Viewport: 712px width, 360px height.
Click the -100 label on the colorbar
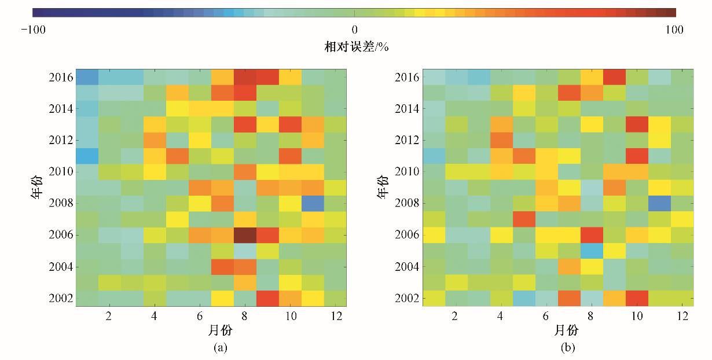click(34, 30)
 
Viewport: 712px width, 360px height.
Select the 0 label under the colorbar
click(355, 30)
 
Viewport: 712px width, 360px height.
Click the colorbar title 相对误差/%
click(355, 46)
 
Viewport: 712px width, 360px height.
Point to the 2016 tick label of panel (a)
click(61, 78)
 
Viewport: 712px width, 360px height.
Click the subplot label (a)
click(219, 347)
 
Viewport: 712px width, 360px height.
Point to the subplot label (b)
click(567, 347)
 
